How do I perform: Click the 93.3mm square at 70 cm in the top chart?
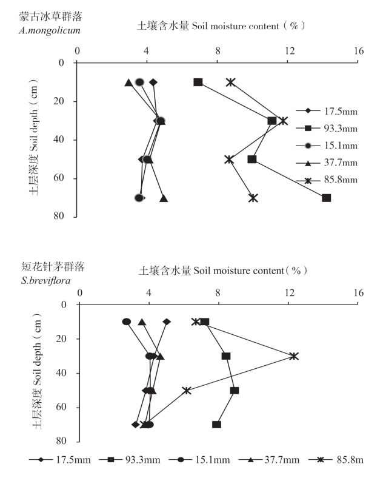tap(327, 198)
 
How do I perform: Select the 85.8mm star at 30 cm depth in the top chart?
tap(284, 121)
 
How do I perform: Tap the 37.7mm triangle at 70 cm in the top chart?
tap(164, 198)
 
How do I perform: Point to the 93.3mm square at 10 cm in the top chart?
tap(198, 82)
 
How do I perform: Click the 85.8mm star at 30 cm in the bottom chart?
tap(294, 356)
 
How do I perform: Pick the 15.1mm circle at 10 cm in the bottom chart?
tap(126, 321)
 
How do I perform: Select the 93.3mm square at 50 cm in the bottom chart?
tap(235, 390)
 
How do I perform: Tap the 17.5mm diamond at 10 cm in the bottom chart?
tap(167, 321)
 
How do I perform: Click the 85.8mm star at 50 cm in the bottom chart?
tap(187, 390)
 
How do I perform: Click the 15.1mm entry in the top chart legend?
tap(327, 146)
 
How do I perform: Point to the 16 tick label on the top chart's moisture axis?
tap(360, 52)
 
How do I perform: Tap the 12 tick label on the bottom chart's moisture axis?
tap(289, 293)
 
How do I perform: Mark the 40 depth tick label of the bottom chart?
tap(60, 373)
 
